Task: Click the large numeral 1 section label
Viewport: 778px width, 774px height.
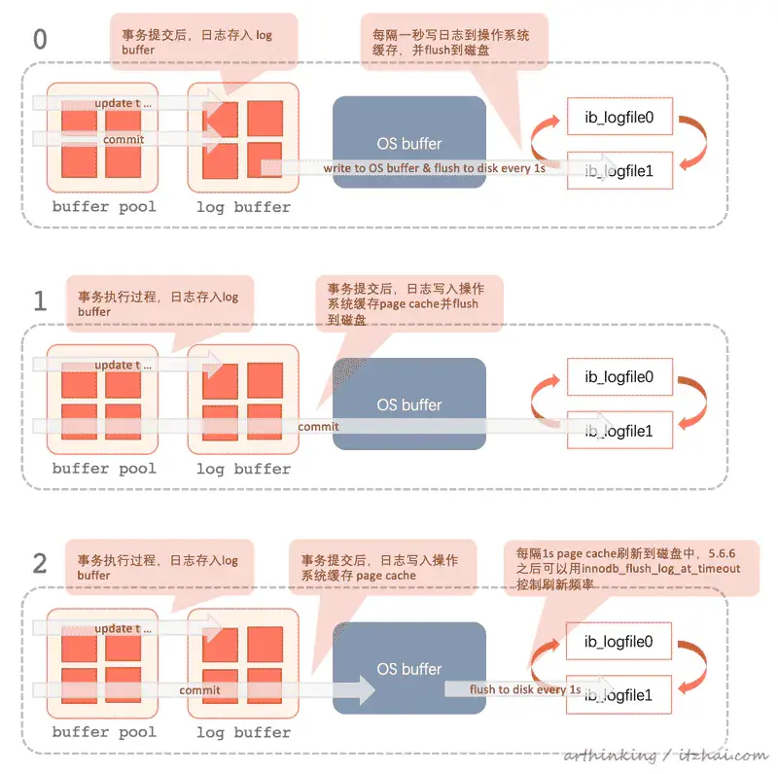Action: coord(39,300)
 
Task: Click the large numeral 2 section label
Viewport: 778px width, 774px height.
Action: coord(39,563)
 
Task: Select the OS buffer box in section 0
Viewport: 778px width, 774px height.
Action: coord(408,143)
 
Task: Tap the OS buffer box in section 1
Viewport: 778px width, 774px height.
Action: coord(408,405)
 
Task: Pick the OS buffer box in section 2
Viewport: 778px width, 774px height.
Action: coord(408,669)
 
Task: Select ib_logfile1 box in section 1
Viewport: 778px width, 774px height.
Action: coord(619,430)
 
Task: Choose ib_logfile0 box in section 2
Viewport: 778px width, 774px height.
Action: coord(619,642)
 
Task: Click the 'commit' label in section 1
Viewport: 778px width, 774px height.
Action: coord(318,426)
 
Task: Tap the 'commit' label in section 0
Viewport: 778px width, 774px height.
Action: coord(124,139)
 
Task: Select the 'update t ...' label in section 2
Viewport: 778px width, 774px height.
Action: coord(124,629)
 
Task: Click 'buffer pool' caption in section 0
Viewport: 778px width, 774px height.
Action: coord(104,207)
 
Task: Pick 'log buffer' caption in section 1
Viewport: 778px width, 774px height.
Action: coord(243,469)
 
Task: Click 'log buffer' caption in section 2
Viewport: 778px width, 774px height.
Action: coord(243,732)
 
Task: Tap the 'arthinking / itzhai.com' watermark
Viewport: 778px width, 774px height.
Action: coord(665,756)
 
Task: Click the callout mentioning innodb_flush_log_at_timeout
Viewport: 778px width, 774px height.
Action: coord(622,569)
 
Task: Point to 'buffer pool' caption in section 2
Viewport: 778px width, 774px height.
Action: coord(104,732)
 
